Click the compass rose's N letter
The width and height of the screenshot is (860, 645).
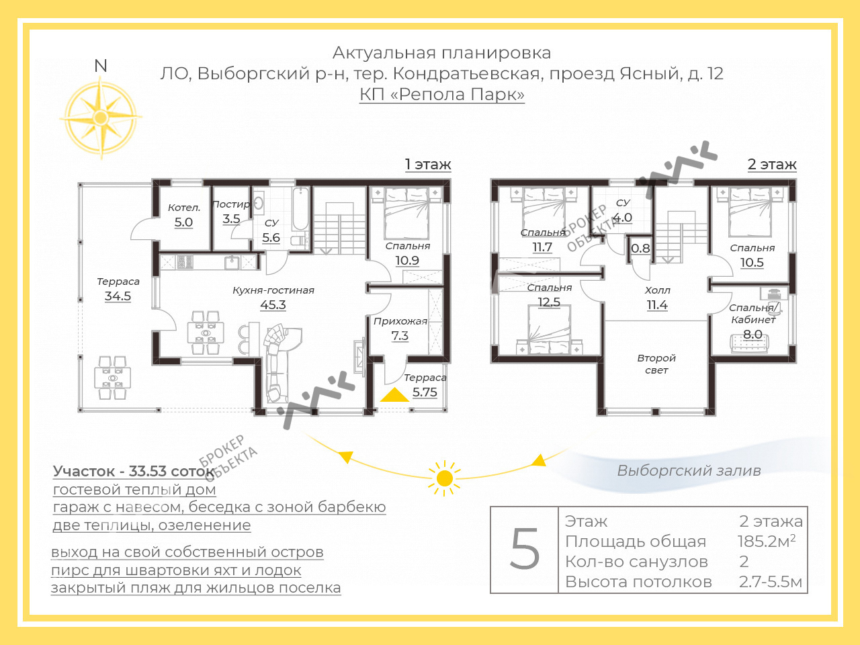tap(101, 66)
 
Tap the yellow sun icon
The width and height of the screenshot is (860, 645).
tap(444, 478)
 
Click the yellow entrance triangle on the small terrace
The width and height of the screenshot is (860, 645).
tap(394, 395)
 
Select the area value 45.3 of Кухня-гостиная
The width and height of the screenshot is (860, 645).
tap(273, 304)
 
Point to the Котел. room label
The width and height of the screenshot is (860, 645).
tap(184, 208)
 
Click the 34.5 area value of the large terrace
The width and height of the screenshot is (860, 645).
tap(118, 296)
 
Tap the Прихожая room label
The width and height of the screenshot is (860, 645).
tap(400, 322)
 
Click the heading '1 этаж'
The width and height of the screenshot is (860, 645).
tap(428, 165)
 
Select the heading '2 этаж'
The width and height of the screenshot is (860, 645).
tap(772, 165)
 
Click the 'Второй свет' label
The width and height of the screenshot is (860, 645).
tap(656, 363)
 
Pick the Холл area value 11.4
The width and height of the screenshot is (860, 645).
tap(657, 304)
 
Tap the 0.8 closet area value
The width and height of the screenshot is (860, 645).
tap(640, 249)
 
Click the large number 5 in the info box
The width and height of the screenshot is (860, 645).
tap(525, 549)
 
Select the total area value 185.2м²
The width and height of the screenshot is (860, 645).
tap(767, 541)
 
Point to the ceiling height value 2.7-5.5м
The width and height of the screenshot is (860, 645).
tap(771, 582)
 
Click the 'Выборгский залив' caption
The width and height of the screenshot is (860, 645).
tap(689, 470)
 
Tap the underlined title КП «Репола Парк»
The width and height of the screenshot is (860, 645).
tap(442, 94)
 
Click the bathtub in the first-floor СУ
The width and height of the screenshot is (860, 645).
tap(300, 209)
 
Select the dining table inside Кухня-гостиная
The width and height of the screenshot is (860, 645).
tap(206, 333)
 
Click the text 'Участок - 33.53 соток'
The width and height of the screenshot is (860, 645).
tap(134, 471)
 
